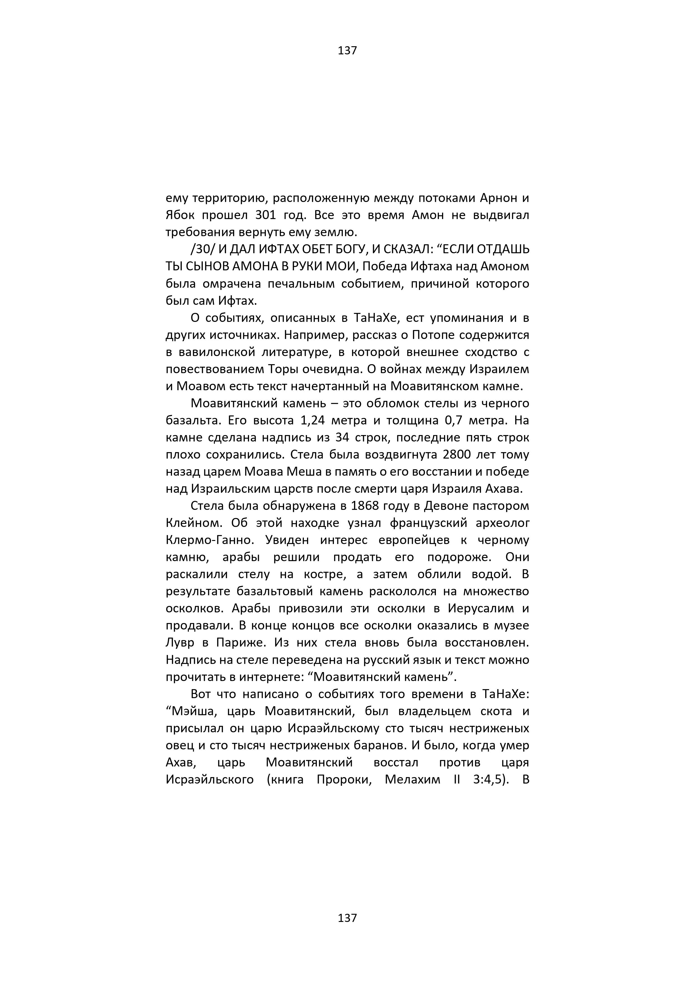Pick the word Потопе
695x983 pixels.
click(x=433, y=335)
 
